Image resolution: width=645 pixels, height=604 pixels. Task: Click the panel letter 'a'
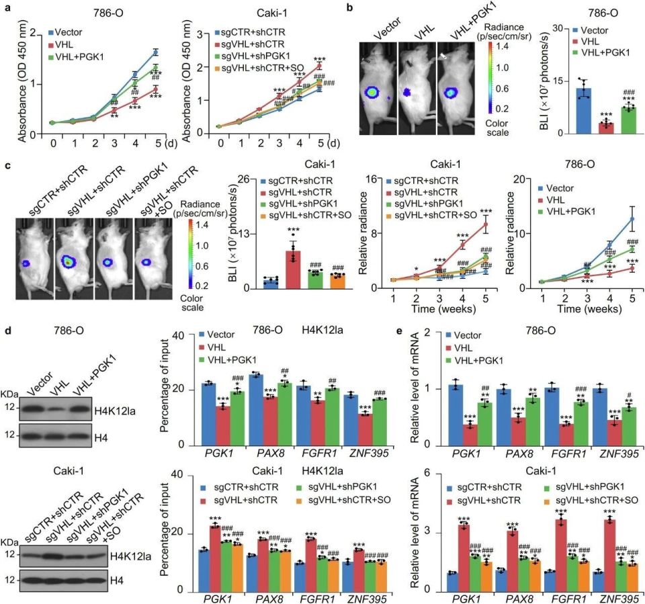[x=7, y=8]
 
